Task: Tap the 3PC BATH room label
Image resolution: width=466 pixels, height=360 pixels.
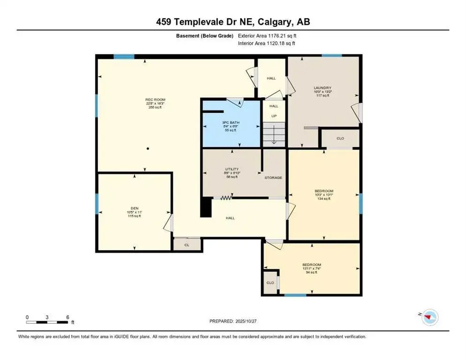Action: (230, 122)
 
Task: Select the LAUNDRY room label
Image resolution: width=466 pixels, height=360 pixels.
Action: (323, 88)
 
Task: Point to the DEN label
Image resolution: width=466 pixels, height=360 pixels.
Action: (135, 208)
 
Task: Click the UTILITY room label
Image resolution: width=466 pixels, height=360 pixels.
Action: (232, 169)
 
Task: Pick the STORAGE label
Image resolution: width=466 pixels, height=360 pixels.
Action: (273, 178)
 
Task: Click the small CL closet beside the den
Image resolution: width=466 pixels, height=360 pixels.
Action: (187, 244)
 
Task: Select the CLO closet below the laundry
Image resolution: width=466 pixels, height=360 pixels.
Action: (340, 139)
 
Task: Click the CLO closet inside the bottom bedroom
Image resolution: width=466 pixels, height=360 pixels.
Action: (270, 283)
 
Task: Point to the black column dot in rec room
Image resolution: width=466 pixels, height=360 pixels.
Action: (148, 149)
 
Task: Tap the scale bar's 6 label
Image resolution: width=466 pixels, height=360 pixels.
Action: (68, 317)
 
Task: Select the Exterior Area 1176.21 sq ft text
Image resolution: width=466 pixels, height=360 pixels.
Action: (267, 36)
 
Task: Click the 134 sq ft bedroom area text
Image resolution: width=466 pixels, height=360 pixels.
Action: (323, 199)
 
